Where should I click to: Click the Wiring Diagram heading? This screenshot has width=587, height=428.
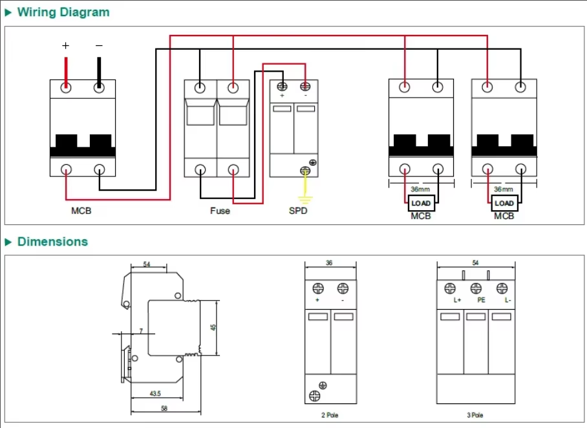click(63, 12)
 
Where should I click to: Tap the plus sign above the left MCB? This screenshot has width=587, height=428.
click(65, 46)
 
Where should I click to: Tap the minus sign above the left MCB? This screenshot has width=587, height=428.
click(99, 46)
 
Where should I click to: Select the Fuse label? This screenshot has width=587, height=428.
click(220, 211)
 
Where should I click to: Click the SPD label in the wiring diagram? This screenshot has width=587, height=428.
click(298, 211)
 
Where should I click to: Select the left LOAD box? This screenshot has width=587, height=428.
click(421, 204)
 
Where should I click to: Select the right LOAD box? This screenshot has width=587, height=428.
click(504, 204)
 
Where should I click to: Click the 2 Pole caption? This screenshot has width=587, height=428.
click(330, 415)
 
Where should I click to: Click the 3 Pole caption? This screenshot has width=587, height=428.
click(476, 415)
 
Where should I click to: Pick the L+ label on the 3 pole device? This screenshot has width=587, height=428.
click(457, 301)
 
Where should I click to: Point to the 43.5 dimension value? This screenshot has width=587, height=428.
click(155, 393)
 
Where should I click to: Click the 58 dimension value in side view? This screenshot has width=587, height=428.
click(164, 409)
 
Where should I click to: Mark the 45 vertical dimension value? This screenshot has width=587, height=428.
click(214, 327)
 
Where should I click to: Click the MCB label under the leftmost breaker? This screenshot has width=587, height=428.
click(81, 211)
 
